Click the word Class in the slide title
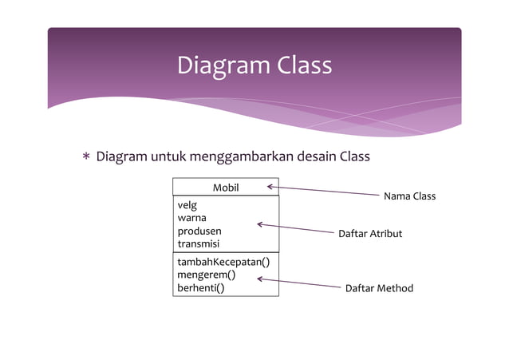[304, 65]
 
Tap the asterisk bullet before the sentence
[86, 156]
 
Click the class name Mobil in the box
[226, 188]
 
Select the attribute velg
[187, 205]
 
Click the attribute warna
[191, 218]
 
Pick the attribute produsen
[199, 231]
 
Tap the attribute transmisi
[199, 243]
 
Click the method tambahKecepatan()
[223, 262]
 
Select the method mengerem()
[206, 275]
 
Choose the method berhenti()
[200, 287]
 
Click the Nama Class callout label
[409, 196]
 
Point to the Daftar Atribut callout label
[370, 234]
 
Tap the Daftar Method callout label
[379, 287]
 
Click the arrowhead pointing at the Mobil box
[270, 187]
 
